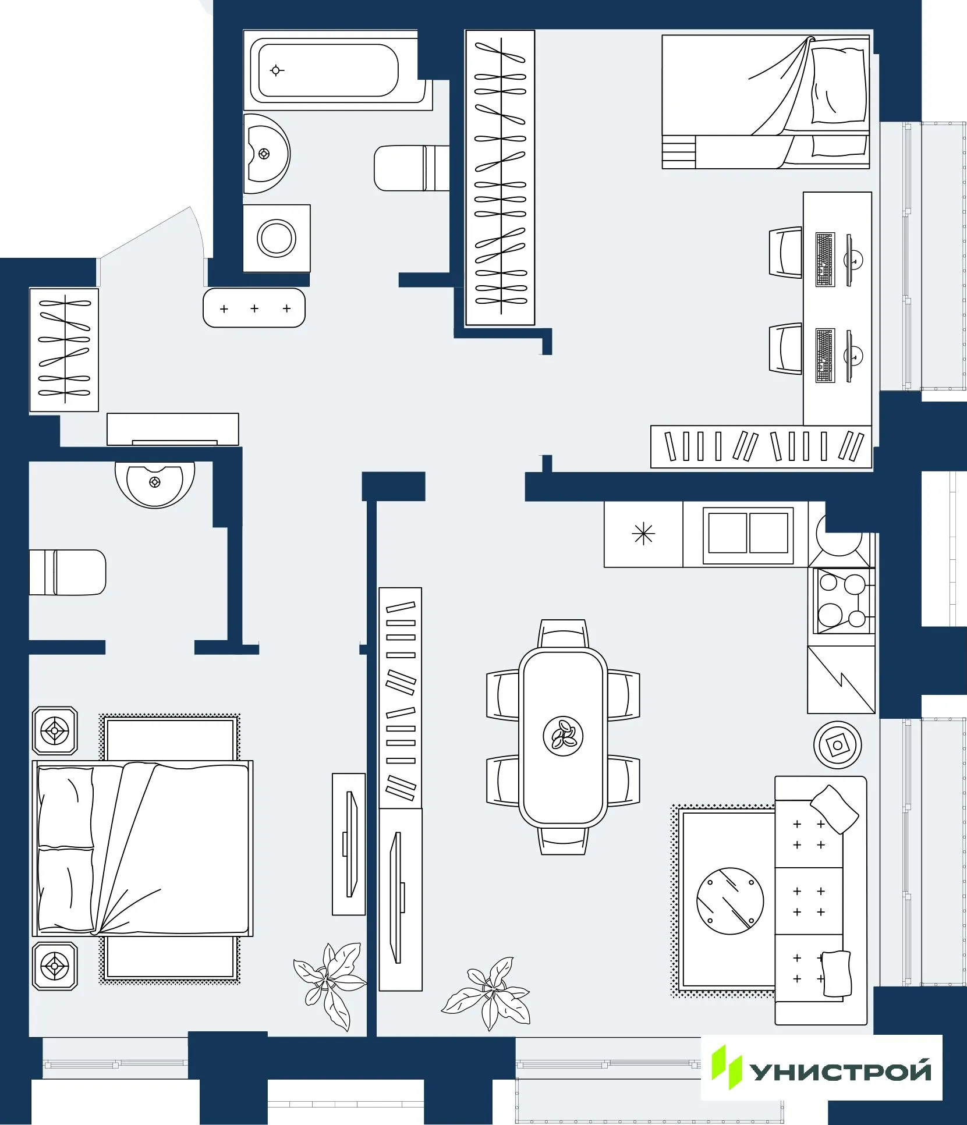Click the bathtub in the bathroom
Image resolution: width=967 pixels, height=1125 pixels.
(329, 70)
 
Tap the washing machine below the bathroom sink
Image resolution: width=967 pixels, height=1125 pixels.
(277, 237)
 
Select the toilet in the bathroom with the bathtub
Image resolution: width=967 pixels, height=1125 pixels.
(410, 168)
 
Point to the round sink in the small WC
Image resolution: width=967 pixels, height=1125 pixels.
(155, 483)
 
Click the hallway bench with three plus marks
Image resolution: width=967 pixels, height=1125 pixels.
(254, 308)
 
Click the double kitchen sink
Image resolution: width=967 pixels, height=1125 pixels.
(748, 533)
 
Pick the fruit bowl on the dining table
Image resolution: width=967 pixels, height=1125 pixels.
(563, 736)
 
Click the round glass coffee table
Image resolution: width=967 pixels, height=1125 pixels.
(730, 901)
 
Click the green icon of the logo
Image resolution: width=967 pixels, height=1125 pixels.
(727, 1067)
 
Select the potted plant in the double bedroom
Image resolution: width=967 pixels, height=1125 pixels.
(329, 984)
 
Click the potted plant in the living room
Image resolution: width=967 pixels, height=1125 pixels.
(489, 993)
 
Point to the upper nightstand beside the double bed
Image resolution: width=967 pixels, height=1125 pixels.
(55, 730)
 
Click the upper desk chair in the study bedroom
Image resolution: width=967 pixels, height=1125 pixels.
(785, 253)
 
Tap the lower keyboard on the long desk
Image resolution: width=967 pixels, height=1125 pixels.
(825, 355)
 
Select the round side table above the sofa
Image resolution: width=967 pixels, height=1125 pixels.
(837, 745)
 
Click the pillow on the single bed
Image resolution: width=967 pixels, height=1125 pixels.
(838, 84)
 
